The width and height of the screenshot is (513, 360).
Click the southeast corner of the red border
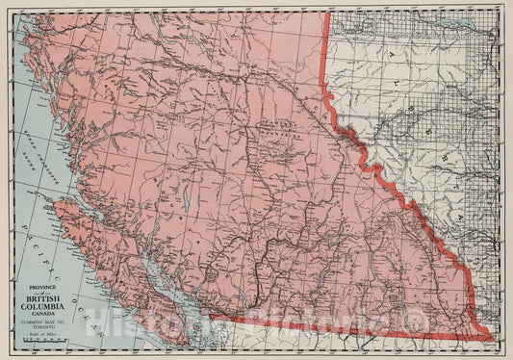pos(492,339)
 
